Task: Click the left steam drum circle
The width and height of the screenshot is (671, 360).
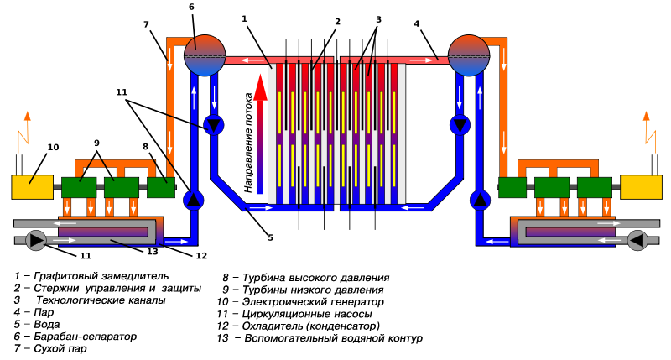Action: pyautogui.click(x=205, y=55)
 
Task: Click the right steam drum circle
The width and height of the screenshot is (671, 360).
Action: pyautogui.click(x=469, y=55)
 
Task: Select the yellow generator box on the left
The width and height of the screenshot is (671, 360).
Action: pyautogui.click(x=32, y=187)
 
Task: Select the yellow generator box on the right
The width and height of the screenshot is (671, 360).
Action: pyautogui.click(x=641, y=187)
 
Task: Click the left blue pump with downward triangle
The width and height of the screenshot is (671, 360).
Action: pyautogui.click(x=214, y=125)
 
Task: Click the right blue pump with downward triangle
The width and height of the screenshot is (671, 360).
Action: pyautogui.click(x=460, y=125)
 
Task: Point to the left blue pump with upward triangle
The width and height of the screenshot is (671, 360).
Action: pyautogui.click(x=194, y=200)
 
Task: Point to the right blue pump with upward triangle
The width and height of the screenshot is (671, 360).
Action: pyautogui.click(x=480, y=200)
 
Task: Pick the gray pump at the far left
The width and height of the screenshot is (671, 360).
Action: pyautogui.click(x=36, y=241)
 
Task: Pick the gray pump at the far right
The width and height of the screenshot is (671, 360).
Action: pyautogui.click(x=637, y=241)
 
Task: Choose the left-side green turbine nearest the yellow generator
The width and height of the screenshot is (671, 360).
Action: pyautogui.click(x=79, y=187)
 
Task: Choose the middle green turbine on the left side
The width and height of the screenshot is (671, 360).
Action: pyautogui.click(x=122, y=187)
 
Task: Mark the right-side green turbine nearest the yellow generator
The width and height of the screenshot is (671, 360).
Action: pyautogui.click(x=594, y=187)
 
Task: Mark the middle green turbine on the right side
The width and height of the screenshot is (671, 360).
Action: pyautogui.click(x=552, y=187)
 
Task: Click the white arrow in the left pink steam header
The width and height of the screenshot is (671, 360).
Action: pyautogui.click(x=252, y=60)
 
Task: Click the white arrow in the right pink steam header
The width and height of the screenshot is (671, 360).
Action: pyautogui.click(x=421, y=60)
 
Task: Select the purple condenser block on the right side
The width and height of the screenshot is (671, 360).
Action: pyautogui.click(x=570, y=232)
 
